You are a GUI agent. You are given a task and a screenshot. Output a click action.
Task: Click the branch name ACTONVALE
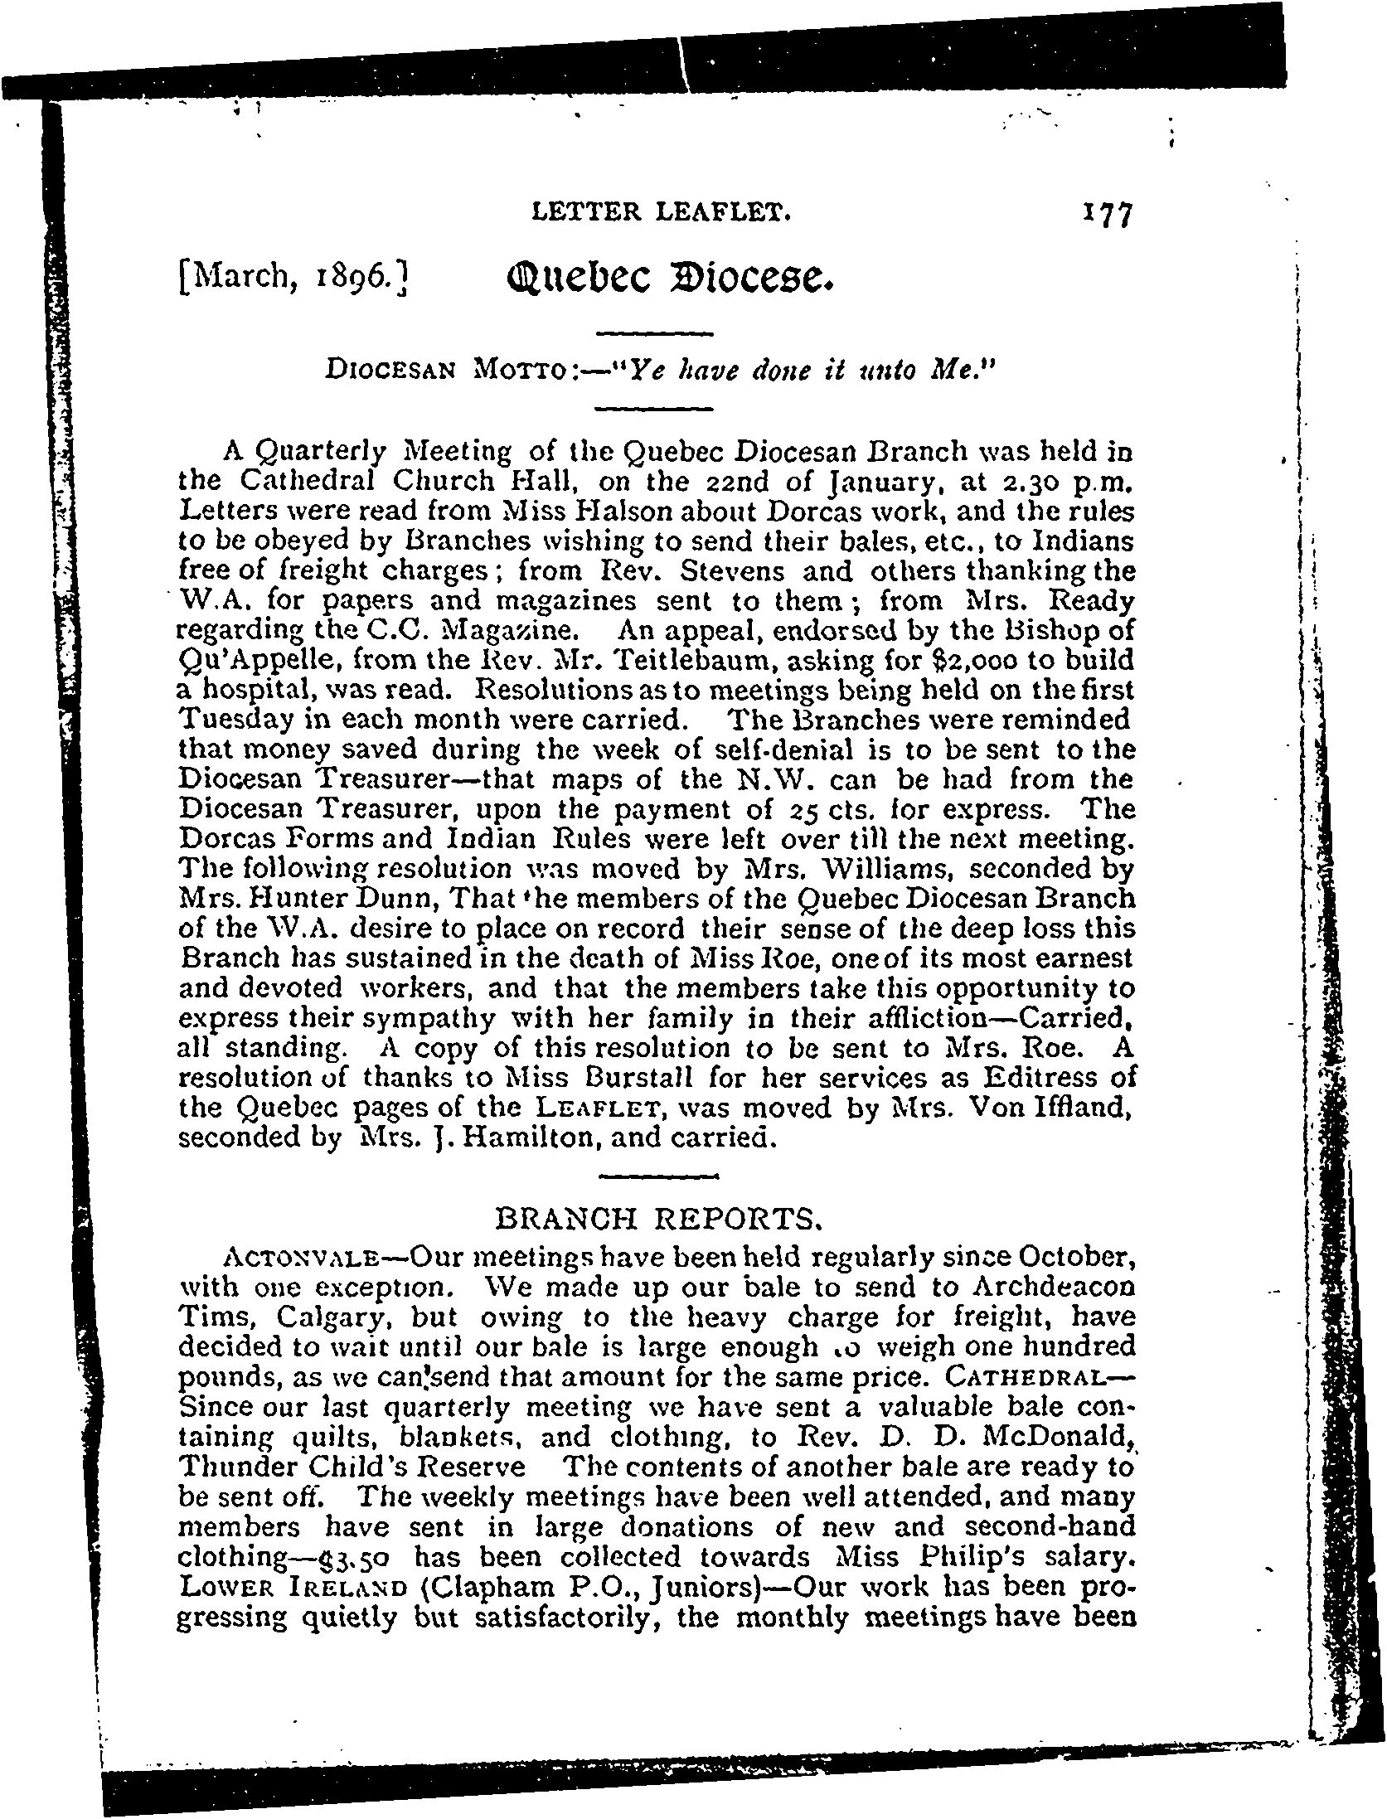pos(279,1257)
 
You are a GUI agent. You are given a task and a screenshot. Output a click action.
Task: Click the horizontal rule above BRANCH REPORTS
pos(657,1176)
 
